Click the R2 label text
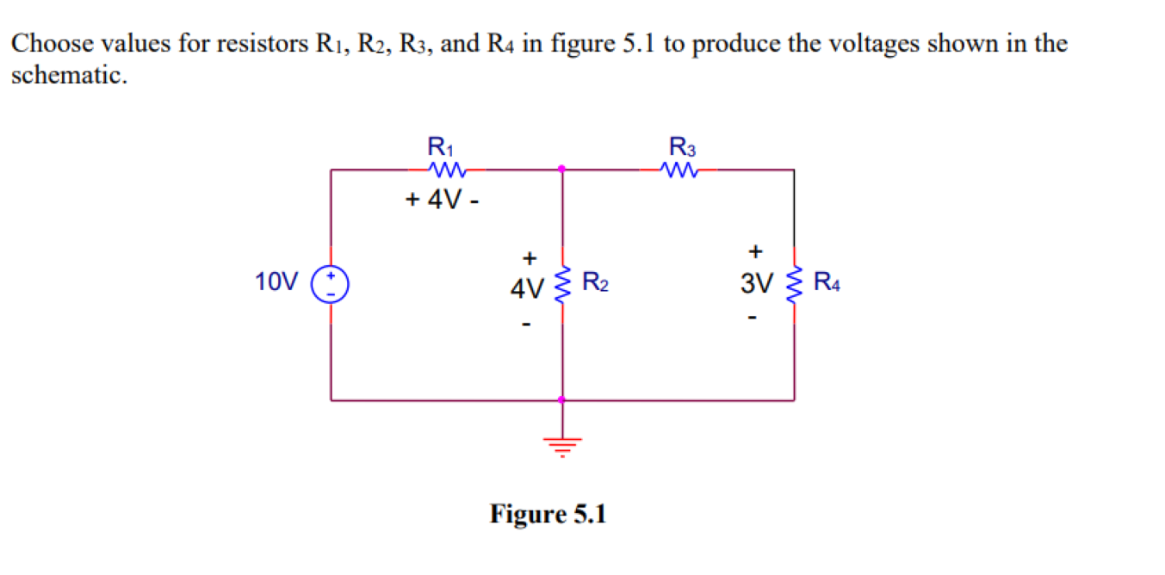597,281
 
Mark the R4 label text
827,281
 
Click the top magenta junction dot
562,169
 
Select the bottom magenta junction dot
562,399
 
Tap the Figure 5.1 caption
548,515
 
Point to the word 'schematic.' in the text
69,76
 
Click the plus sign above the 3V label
756,252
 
